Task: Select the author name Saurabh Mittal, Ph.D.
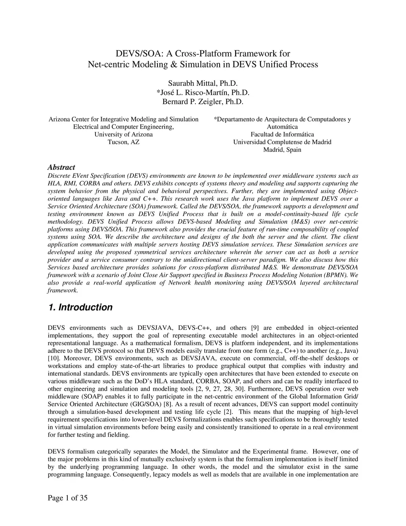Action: point(203,83)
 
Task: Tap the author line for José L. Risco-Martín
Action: point(203,92)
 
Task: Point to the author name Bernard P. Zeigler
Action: point(203,102)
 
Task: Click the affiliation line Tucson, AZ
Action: point(123,142)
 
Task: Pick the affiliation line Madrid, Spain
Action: point(282,150)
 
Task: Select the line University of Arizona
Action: point(123,135)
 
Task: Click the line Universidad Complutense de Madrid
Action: point(282,142)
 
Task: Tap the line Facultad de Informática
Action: point(282,135)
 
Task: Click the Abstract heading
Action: point(61,168)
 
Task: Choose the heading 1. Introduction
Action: point(80,307)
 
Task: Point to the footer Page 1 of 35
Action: point(67,498)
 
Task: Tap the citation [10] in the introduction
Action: point(54,358)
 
